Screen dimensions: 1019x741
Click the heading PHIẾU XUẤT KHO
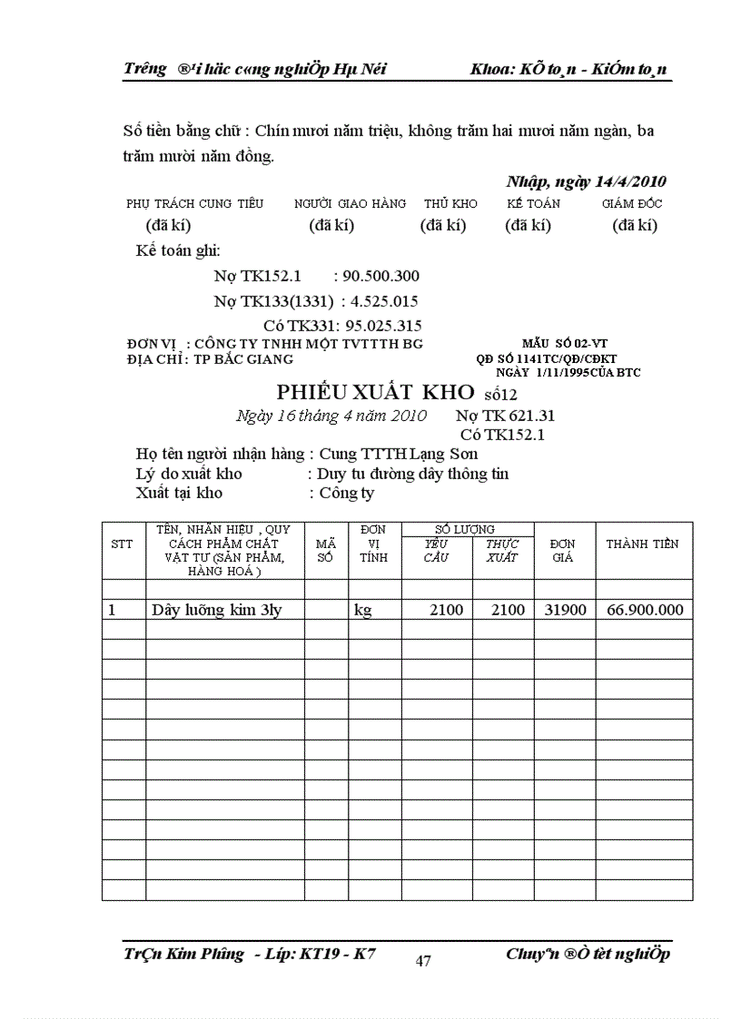(x=376, y=392)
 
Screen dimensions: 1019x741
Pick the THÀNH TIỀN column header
(x=642, y=544)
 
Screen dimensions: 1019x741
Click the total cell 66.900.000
(x=642, y=610)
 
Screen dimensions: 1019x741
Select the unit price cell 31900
(x=564, y=610)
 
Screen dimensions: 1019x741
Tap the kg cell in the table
(x=362, y=610)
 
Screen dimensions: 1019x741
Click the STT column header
(x=122, y=544)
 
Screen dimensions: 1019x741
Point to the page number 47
(x=423, y=962)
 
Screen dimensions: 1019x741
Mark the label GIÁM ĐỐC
(x=632, y=204)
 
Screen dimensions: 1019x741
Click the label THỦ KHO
(x=446, y=204)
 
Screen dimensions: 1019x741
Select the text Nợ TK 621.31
(x=505, y=416)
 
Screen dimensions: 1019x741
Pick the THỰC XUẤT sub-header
(x=502, y=550)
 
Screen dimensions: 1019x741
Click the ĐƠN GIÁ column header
(x=563, y=550)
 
